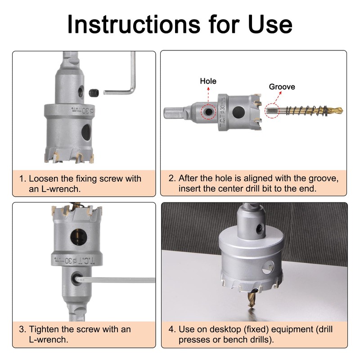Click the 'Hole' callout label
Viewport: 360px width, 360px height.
[208, 81]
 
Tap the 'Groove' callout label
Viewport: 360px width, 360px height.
[282, 87]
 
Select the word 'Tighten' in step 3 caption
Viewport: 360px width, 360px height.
[45, 329]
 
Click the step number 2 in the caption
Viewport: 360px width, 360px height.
[171, 178]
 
